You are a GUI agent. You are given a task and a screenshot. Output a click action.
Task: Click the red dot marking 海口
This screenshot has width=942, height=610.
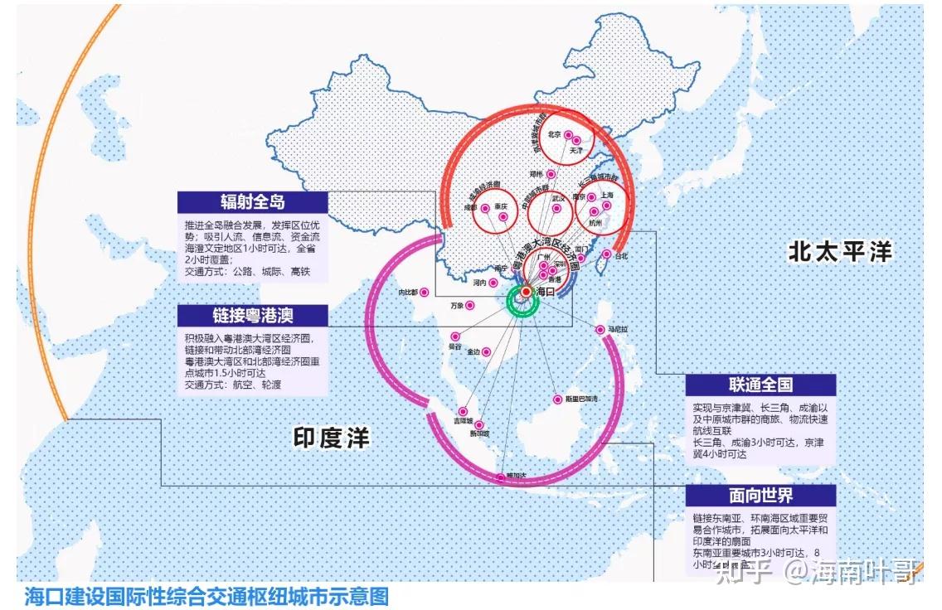[526, 291]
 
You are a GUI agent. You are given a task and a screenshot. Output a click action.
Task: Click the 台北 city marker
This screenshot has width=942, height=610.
[607, 254]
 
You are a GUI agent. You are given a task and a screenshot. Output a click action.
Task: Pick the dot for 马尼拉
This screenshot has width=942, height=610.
[600, 330]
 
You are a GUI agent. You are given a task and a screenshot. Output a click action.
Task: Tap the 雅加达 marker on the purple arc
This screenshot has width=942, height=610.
[499, 477]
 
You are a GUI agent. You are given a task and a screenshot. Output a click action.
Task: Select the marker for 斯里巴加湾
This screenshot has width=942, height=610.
[556, 399]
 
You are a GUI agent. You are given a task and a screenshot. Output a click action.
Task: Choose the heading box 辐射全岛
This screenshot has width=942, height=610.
[253, 202]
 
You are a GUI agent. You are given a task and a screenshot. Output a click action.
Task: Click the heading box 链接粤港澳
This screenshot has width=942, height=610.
[252, 315]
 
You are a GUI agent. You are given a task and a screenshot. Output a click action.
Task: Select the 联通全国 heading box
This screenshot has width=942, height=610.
[760, 385]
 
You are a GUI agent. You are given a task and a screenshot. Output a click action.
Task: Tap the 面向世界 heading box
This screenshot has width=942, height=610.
[760, 496]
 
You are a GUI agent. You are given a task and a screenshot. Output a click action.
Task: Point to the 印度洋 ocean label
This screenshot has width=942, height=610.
[332, 437]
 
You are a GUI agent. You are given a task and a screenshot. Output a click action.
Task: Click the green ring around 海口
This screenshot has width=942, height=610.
[524, 314]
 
